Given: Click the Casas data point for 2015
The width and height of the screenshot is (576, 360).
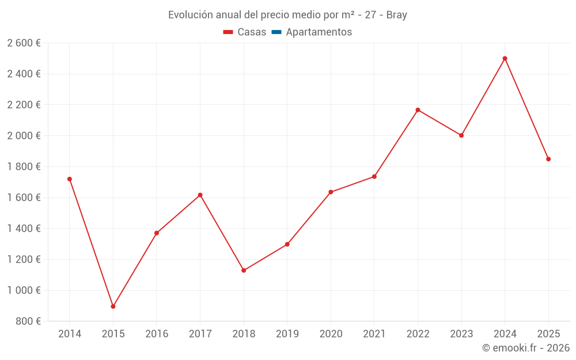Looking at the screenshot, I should pos(113,306).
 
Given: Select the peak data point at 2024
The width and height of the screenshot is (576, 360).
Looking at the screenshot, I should pos(505,58).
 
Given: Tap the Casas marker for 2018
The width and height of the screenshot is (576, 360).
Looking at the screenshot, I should pos(244,270).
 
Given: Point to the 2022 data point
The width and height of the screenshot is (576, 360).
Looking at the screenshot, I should pos(418,110).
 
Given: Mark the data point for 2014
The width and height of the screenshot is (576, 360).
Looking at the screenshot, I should pos(70,179).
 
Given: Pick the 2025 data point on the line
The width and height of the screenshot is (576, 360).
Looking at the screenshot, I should pos(548,159).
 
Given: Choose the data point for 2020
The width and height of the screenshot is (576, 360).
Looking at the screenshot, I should pos(331,192).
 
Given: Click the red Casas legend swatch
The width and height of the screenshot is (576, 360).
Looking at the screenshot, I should pos(228,32).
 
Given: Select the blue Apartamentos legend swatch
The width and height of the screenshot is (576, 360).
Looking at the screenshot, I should pos(276,32).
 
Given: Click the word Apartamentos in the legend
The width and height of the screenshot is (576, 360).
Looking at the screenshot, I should pos(319,32).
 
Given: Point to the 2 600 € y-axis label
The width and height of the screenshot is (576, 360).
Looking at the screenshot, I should pos(24,43).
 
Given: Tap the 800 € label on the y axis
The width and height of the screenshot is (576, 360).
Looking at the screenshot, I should pos(28,321).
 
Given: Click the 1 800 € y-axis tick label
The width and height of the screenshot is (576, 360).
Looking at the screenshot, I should pos(24,166).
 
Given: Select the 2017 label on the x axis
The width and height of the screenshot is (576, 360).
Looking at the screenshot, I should pos(200,334).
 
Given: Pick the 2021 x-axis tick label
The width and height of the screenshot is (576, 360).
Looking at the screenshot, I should pos(374,334).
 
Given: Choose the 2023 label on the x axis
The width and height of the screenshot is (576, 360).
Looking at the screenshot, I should pos(461,334).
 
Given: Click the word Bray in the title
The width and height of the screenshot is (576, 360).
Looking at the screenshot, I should pos(396,15).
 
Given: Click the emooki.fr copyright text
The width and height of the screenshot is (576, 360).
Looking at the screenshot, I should pos(525,348).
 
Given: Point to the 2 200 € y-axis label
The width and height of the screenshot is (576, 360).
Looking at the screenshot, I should pos(24,105).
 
